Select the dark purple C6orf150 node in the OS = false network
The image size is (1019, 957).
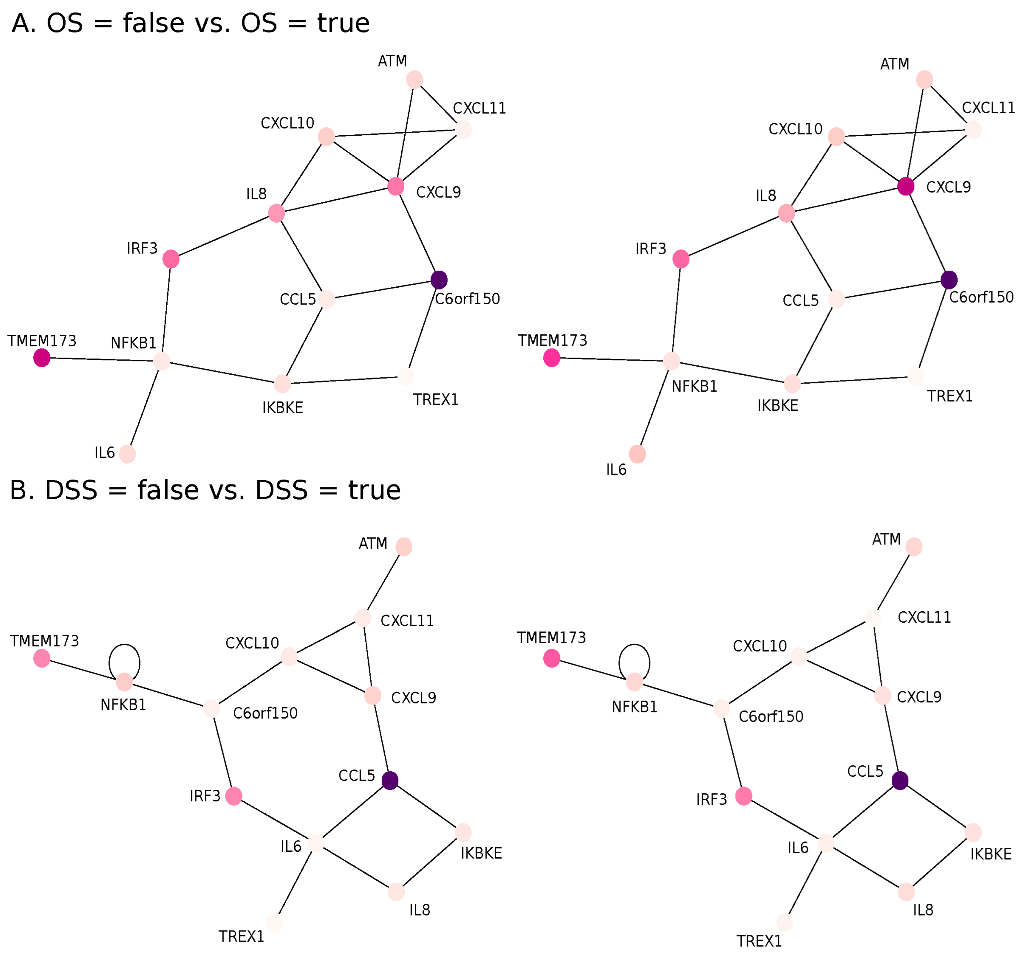[x=439, y=280]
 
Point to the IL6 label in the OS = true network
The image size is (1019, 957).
[x=616, y=470]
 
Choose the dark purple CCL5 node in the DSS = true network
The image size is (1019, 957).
[x=900, y=780]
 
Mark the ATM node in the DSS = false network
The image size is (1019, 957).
[x=404, y=547]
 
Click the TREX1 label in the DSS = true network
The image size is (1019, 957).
[x=759, y=942]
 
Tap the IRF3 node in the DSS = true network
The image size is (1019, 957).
[x=744, y=796]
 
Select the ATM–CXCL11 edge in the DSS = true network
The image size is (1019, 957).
[x=894, y=582]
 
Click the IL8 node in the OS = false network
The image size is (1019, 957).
[x=276, y=213]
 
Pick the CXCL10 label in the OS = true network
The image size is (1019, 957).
[x=795, y=129]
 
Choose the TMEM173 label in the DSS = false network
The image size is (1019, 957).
[x=45, y=641]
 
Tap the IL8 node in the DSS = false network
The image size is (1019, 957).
[x=396, y=892]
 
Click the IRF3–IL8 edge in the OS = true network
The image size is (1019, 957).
[x=733, y=236]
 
